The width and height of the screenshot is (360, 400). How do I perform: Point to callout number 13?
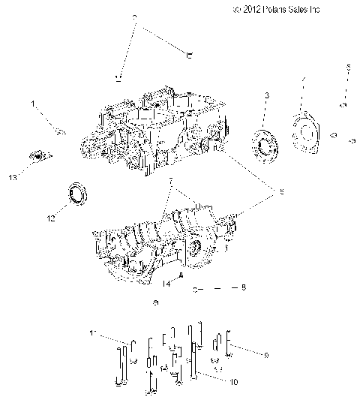click(x=12, y=178)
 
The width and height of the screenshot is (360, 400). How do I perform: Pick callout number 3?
click(x=266, y=95)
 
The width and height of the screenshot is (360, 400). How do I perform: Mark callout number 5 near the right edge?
click(x=348, y=68)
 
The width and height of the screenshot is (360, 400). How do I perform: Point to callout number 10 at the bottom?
click(x=235, y=382)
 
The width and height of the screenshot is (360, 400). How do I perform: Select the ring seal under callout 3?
click(x=265, y=143)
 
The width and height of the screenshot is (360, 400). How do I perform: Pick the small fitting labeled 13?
click(x=34, y=155)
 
